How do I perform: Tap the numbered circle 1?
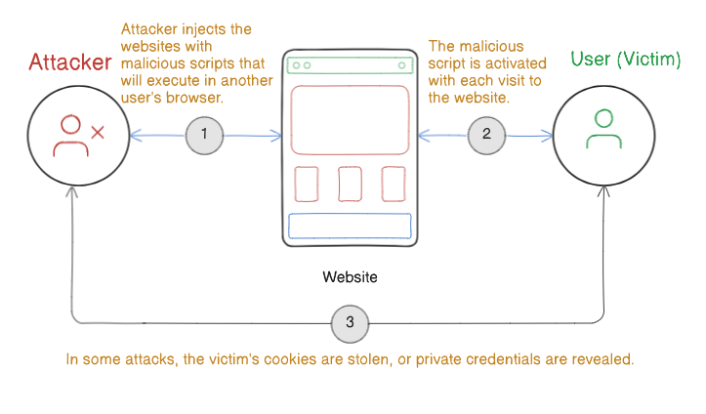[204, 136]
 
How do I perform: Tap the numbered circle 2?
[486, 136]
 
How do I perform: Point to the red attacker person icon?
[69, 137]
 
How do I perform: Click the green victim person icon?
[603, 129]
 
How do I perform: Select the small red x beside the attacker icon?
[98, 131]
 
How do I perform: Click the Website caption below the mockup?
[350, 277]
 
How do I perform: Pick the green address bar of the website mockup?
[349, 65]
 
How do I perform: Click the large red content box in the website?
[349, 119]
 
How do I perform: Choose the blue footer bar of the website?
[349, 226]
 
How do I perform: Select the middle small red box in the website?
[350, 183]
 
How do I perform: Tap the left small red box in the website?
[306, 183]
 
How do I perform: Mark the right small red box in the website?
[393, 183]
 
